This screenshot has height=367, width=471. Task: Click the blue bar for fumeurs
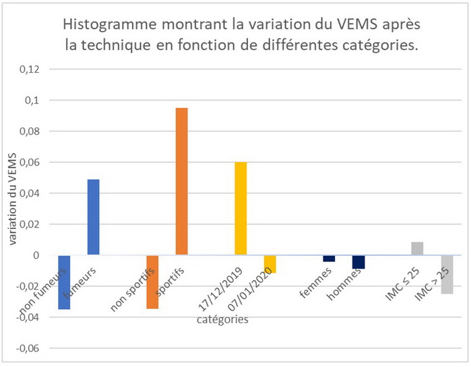[x=93, y=217]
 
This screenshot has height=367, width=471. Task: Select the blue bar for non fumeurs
[x=64, y=282]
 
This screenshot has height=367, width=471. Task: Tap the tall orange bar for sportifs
[x=181, y=181]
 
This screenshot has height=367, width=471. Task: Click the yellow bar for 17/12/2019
[x=241, y=208]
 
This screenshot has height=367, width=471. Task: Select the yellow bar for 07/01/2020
[x=270, y=264]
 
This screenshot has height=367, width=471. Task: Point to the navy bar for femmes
[x=329, y=259]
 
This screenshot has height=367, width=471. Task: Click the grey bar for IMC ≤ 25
[x=417, y=248]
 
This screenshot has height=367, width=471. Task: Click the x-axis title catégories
[x=222, y=320]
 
